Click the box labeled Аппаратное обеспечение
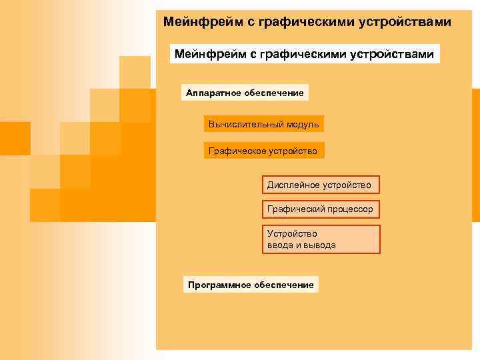pyautogui.click(x=245, y=93)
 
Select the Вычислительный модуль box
pyautogui.click(x=263, y=124)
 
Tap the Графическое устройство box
pyautogui.click(x=263, y=151)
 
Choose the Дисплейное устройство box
pyautogui.click(x=319, y=184)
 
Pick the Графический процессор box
pyautogui.click(x=321, y=209)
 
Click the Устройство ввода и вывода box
pyautogui.click(x=321, y=239)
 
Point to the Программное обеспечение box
pyautogui.click(x=251, y=285)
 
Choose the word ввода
pyautogui.click(x=280, y=245)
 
